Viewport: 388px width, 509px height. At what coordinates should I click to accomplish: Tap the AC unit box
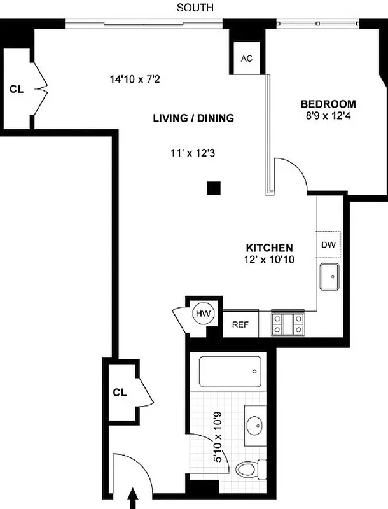click(x=247, y=58)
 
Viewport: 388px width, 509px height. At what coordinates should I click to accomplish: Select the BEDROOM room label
click(x=328, y=104)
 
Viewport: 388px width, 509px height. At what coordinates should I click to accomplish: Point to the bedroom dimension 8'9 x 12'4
click(x=328, y=116)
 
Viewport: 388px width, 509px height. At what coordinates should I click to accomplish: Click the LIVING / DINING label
click(x=193, y=118)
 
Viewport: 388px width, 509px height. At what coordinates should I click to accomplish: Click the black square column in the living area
click(x=214, y=187)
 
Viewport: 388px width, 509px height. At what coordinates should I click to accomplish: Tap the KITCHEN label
click(x=270, y=248)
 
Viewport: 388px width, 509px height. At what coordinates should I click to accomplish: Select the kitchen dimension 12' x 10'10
click(x=270, y=259)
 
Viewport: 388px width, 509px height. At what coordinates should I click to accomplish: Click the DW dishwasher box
click(x=328, y=245)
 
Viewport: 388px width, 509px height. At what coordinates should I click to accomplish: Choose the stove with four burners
click(x=289, y=323)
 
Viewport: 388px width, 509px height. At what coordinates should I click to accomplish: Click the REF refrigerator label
click(x=239, y=324)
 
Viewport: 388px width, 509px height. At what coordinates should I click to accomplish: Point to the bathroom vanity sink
click(x=257, y=423)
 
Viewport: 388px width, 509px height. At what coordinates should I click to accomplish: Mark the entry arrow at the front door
click(x=134, y=498)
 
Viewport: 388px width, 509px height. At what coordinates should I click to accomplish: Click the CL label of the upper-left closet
click(x=17, y=89)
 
